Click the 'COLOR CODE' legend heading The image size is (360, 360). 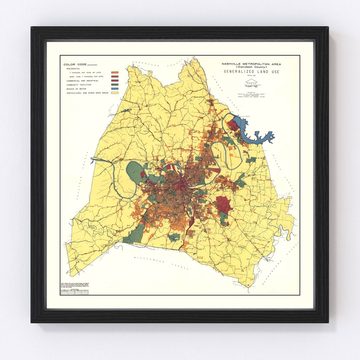pyautogui.click(x=75, y=64)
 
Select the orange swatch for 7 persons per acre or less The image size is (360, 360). pyautogui.click(x=115, y=72)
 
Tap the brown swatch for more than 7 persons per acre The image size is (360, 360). pyautogui.click(x=115, y=77)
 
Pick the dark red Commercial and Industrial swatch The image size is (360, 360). pyautogui.click(x=115, y=81)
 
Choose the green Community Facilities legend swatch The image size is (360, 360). pyautogui.click(x=115, y=85)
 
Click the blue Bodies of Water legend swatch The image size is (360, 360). pyautogui.click(x=115, y=89)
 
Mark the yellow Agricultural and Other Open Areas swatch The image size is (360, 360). pyautogui.click(x=115, y=93)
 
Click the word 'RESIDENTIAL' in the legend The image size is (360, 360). pyautogui.click(x=73, y=68)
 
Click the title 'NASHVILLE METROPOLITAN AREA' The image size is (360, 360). pyautogui.click(x=251, y=64)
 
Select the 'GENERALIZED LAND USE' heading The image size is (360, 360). pyautogui.click(x=251, y=72)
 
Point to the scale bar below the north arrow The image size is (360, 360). pyautogui.click(x=251, y=86)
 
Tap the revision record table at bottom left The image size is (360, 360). pyautogui.click(x=74, y=292)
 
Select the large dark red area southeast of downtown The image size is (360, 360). pyautogui.click(x=224, y=205)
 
